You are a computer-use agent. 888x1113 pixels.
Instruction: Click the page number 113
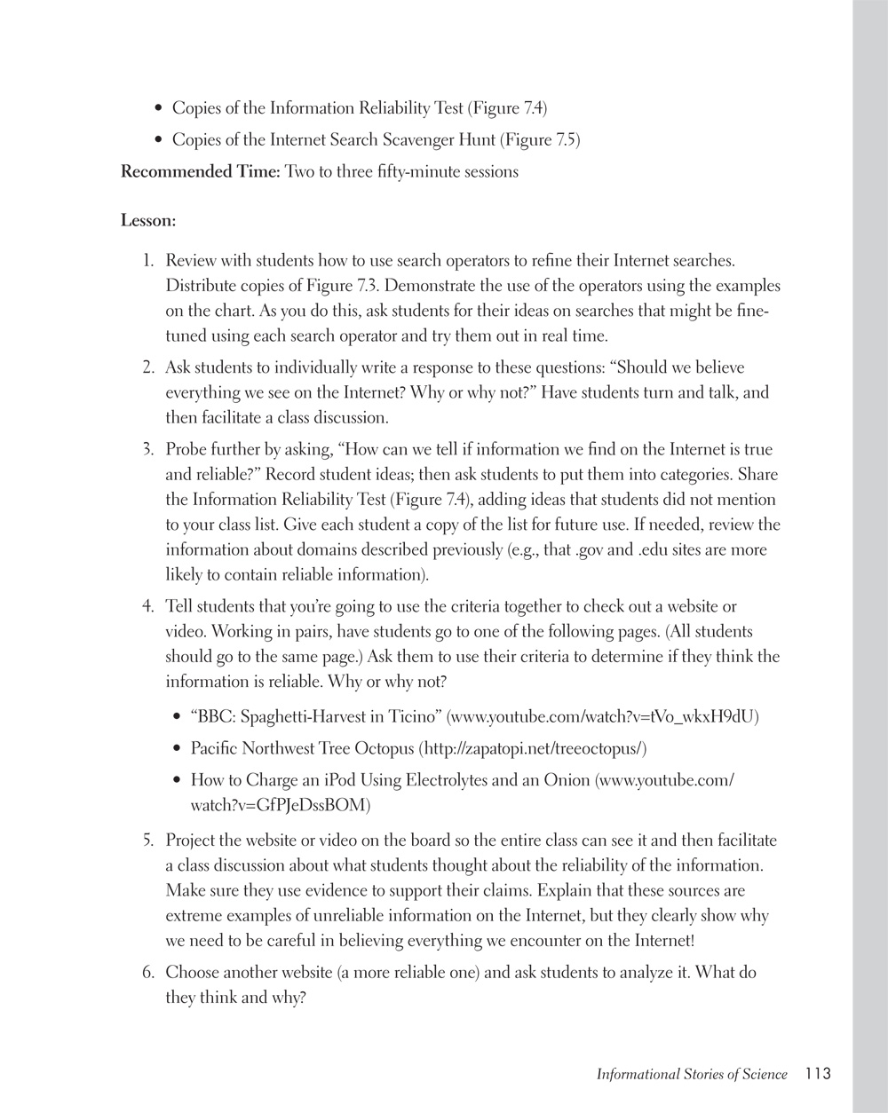tap(818, 1074)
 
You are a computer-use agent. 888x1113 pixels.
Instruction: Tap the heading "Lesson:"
tap(148, 220)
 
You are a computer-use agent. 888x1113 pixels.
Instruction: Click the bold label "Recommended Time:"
tap(201, 172)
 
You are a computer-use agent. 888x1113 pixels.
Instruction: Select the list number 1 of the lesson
tap(148, 261)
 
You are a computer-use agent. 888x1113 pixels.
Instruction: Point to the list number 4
tap(148, 607)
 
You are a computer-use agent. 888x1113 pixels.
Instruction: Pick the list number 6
tap(148, 973)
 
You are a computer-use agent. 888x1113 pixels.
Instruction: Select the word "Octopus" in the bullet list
tap(384, 749)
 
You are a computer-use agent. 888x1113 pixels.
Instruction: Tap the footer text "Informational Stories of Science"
tap(692, 1075)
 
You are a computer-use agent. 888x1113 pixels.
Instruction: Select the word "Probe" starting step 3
tap(188, 450)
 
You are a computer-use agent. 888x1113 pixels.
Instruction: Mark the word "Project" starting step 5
tap(193, 841)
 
